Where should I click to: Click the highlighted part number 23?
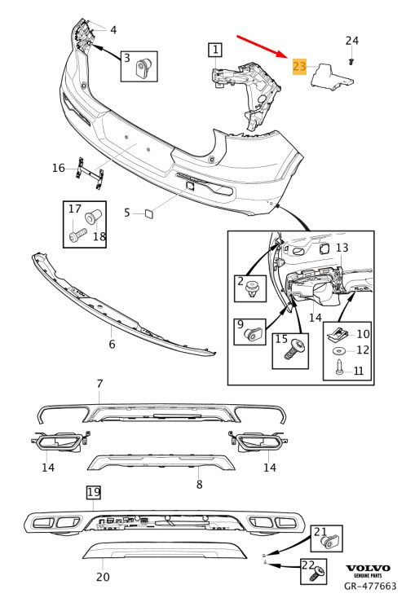click(x=299, y=66)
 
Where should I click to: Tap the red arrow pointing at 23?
click(x=262, y=46)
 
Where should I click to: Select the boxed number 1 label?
click(x=215, y=50)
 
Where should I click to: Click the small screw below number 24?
click(x=351, y=61)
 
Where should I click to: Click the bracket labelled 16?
click(x=90, y=173)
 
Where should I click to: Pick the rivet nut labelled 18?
click(x=94, y=216)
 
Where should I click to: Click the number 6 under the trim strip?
click(x=112, y=344)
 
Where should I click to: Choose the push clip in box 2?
click(x=253, y=290)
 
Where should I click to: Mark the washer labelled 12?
click(x=340, y=351)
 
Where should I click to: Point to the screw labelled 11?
click(x=339, y=367)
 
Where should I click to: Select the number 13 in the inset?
click(x=342, y=248)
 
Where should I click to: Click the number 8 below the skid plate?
click(x=199, y=484)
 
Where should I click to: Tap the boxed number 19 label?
click(x=94, y=493)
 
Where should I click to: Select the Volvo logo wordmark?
click(x=368, y=568)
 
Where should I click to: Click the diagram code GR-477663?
click(x=370, y=586)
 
